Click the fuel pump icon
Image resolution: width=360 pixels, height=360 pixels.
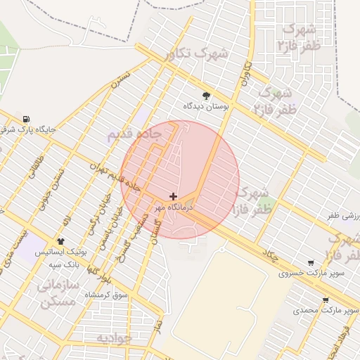(27, 118)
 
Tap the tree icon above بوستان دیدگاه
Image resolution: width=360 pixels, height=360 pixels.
(206, 95)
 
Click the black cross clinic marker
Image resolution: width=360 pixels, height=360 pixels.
(174, 196)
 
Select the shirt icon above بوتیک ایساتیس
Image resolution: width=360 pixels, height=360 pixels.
(60, 241)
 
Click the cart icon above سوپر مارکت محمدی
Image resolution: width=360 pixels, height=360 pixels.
(326, 300)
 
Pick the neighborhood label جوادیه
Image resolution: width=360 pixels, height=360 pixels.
(114, 338)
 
